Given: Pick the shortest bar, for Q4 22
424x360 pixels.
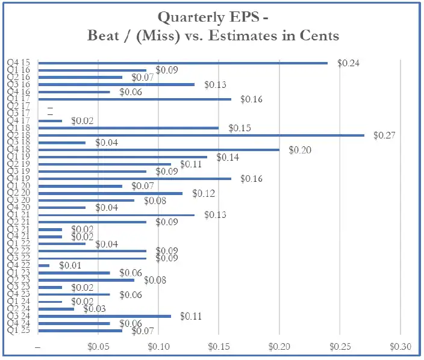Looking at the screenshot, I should tap(44, 265).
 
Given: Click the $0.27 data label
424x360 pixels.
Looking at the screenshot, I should tap(384, 135).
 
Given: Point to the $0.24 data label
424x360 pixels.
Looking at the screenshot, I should tap(348, 63).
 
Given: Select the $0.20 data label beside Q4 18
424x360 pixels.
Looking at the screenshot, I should tap(299, 150).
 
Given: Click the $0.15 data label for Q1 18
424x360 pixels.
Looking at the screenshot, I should tap(239, 128).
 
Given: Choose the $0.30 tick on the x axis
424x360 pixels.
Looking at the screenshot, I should tap(401, 347).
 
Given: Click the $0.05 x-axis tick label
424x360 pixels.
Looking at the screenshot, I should tap(98, 347).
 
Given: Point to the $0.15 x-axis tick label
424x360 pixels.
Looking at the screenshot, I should tap(219, 347).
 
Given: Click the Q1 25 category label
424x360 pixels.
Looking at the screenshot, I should tap(22, 331).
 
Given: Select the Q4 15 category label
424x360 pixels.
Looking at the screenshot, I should tap(22, 63).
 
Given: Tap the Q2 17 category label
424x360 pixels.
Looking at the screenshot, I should tap(22, 106).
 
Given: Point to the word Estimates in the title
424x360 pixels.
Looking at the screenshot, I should tap(247, 36).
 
